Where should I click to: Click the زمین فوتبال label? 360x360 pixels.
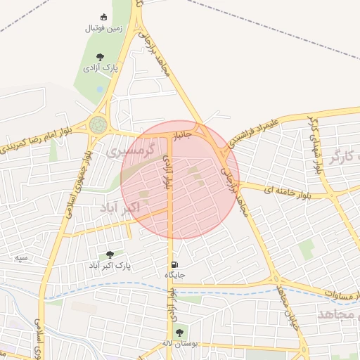(x=103, y=28)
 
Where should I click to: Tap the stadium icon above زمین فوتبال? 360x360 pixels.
(x=104, y=17)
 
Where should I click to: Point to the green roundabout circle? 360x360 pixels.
(x=97, y=125)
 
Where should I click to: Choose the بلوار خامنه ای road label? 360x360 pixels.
(x=287, y=190)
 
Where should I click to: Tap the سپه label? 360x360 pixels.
(x=22, y=258)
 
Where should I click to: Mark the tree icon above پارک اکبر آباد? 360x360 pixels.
(x=109, y=255)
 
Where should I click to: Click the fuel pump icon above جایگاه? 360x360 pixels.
(x=173, y=265)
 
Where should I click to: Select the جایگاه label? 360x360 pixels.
(x=174, y=275)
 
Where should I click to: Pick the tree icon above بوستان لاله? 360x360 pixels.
(x=179, y=332)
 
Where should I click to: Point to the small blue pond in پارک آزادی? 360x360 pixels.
(x=99, y=89)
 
